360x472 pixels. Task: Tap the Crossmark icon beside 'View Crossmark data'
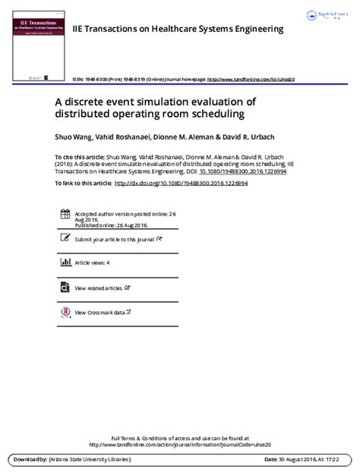click(x=65, y=311)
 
